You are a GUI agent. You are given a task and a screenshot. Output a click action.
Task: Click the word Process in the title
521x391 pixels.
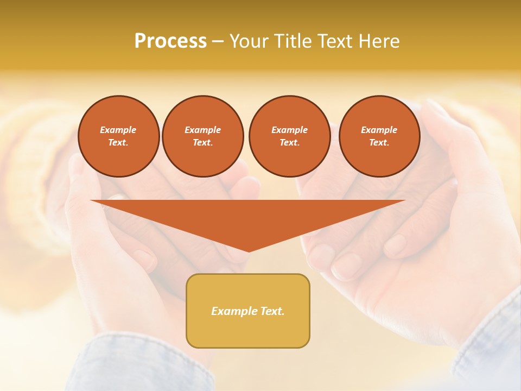(170, 41)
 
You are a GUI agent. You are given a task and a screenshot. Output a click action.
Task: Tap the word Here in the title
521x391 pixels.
(378, 41)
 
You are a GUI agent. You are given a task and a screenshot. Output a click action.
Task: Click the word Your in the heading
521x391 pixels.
(249, 41)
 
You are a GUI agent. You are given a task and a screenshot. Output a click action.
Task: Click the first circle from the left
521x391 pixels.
(119, 136)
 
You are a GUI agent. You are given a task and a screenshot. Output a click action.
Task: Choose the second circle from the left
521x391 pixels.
(203, 136)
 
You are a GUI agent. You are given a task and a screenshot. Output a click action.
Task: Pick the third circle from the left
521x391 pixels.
(290, 136)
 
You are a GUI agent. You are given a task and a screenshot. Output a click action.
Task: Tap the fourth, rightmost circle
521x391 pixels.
(379, 136)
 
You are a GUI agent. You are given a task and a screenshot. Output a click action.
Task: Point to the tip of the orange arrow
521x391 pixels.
(249, 251)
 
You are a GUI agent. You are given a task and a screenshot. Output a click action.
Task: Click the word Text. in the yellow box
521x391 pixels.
(273, 311)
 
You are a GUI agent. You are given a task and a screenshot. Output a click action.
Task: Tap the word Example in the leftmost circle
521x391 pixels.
(118, 130)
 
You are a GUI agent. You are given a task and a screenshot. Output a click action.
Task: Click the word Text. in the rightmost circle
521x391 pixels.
(379, 142)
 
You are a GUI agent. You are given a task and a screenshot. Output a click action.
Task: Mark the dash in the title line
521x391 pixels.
(218, 41)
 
